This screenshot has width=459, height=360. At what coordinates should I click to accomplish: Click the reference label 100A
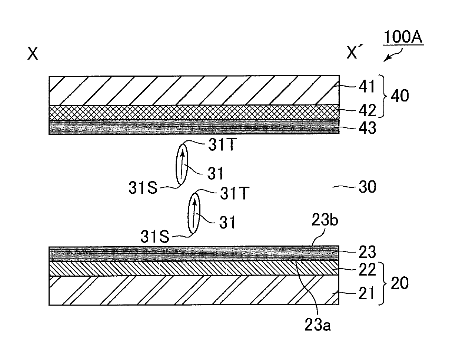point(403,37)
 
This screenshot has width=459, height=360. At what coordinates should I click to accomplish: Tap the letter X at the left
point(33,54)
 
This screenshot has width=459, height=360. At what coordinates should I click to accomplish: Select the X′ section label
point(354,51)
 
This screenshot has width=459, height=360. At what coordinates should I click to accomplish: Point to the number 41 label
point(367,86)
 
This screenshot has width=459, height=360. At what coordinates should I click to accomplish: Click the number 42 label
point(367,110)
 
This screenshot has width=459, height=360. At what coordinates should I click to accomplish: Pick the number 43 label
point(367,128)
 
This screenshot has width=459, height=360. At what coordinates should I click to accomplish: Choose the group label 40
point(400,96)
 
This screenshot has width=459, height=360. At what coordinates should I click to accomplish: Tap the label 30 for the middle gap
point(367,187)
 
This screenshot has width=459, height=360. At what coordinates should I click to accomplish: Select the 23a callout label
point(317,325)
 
